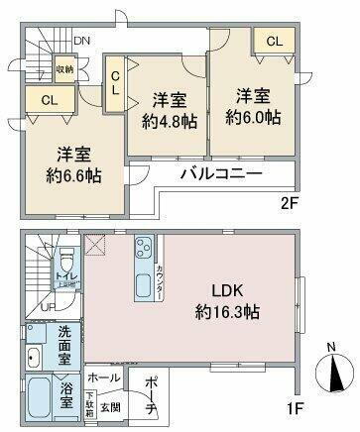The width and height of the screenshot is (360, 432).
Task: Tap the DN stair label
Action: (83, 41)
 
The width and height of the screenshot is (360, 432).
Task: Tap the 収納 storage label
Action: (64, 69)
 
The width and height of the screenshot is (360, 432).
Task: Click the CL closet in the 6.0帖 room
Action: (274, 41)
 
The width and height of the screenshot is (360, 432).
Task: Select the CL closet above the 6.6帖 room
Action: (47, 99)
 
